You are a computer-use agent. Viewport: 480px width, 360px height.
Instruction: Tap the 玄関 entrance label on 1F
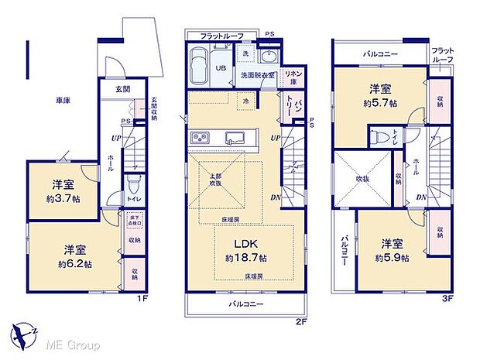(124, 90)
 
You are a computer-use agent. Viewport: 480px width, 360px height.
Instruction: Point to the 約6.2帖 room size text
(75, 263)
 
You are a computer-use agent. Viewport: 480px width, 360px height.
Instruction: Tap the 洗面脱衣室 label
(257, 75)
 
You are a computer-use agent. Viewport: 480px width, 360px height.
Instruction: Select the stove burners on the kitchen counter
(201, 138)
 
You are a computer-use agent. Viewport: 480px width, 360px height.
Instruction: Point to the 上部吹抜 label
(215, 180)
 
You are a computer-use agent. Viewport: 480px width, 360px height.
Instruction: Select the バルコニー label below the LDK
(246, 304)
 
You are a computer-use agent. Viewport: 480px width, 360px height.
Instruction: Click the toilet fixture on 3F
(377, 137)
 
